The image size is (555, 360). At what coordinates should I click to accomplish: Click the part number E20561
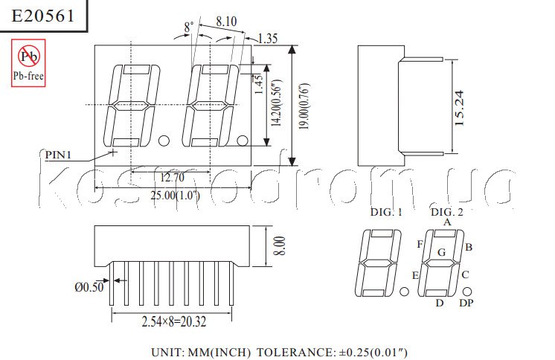point(43,16)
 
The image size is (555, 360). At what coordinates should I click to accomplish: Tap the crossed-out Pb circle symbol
point(29,56)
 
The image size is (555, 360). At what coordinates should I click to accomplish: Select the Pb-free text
point(28,76)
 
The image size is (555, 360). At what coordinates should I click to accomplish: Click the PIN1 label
point(58,155)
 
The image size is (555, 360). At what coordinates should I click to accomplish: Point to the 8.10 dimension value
point(226,22)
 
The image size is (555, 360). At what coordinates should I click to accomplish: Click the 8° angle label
point(189,28)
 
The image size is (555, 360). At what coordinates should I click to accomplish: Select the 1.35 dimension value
point(268,39)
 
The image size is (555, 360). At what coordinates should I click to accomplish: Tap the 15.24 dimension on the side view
point(459,108)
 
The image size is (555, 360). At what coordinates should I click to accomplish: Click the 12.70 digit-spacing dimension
point(172,177)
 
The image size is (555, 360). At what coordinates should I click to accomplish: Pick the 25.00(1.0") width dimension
point(176,195)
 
